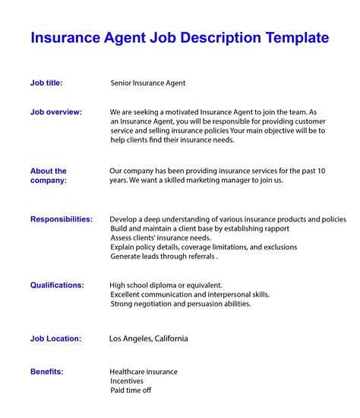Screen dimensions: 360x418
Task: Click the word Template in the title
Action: point(292,38)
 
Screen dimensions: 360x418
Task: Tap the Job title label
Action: point(46,83)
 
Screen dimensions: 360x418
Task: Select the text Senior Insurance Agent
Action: point(148,83)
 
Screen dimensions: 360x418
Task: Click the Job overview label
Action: point(56,112)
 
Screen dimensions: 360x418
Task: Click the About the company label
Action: point(49,176)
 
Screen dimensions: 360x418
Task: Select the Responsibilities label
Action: point(62,219)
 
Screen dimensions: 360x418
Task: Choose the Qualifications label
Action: point(57,285)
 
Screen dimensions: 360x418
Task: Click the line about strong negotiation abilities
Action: point(180,303)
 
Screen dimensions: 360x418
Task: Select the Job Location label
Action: point(56,338)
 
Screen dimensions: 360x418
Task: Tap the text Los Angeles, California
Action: point(149,338)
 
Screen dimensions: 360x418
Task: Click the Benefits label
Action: point(46,372)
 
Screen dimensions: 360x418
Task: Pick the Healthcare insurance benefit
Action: point(144,372)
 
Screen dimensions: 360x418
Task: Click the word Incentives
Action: point(127,381)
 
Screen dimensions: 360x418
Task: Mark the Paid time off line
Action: point(131,390)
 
